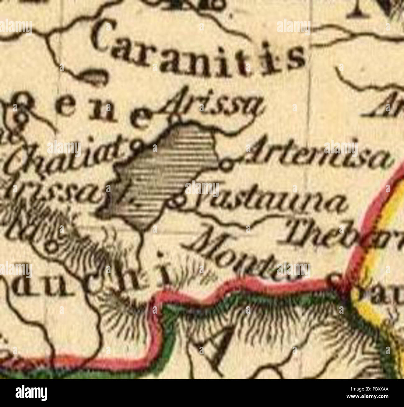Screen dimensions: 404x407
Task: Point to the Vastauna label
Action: coord(267,199)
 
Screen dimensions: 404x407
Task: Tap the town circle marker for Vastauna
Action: coord(174,203)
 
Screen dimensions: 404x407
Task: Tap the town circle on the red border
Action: coord(336,278)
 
